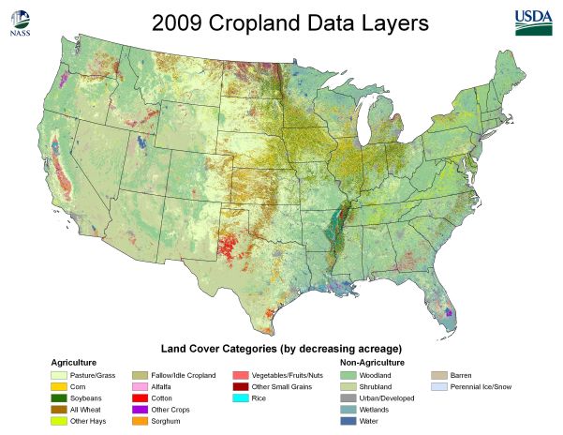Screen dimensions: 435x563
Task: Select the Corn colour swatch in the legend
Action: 58,386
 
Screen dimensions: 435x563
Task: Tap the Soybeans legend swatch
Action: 58,397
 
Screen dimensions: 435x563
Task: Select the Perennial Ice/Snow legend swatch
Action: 437,386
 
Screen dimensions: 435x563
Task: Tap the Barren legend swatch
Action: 437,374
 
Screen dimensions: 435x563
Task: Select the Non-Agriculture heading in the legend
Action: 372,362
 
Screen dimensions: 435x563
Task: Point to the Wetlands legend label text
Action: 374,410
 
